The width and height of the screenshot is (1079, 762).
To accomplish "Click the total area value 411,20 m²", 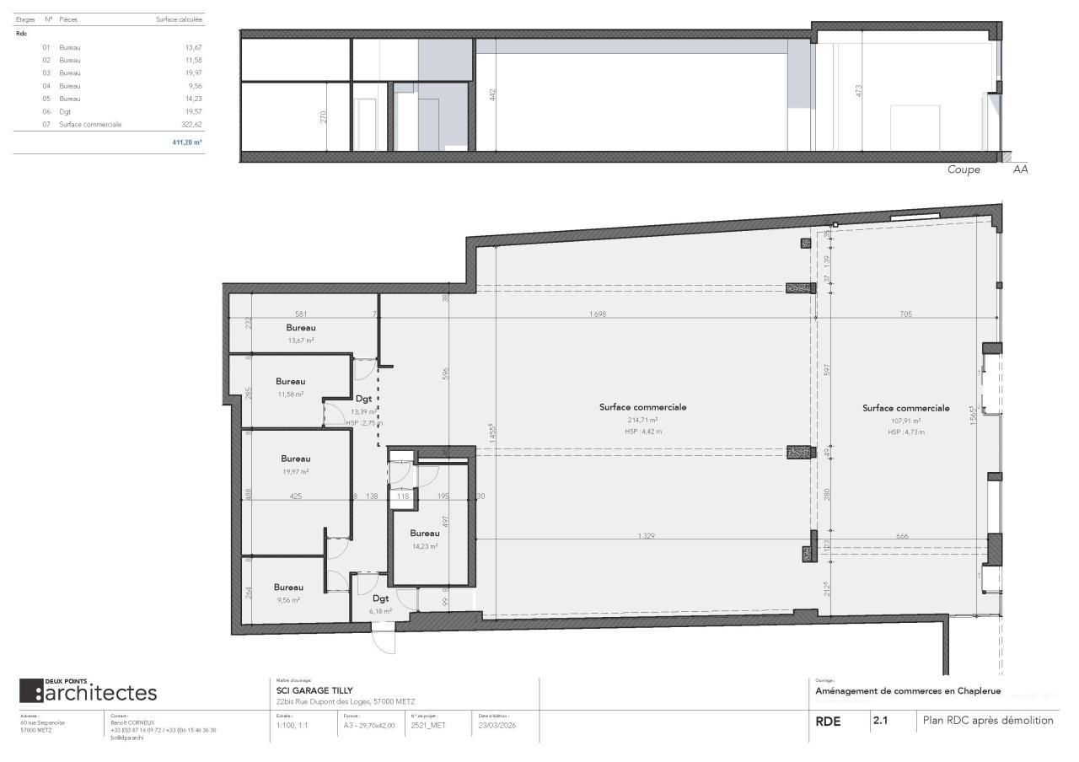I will click(186, 142).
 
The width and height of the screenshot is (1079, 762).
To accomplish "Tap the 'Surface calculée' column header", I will click(179, 19).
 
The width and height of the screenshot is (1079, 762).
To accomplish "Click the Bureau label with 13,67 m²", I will click(300, 327).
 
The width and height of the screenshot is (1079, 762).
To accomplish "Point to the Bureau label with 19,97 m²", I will click(295, 459).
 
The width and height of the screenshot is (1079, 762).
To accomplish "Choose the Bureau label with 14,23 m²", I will click(424, 534).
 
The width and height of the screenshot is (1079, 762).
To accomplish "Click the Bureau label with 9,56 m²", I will click(288, 587).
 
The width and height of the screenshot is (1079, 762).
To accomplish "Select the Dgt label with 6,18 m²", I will click(381, 598).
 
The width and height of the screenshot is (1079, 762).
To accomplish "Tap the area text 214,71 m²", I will click(642, 419).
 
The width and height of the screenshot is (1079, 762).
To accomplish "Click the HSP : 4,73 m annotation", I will click(905, 432).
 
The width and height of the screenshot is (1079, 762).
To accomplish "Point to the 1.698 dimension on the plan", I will click(598, 314).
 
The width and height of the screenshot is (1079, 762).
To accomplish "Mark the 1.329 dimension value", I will click(647, 535).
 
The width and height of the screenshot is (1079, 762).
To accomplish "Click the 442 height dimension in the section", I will click(493, 95).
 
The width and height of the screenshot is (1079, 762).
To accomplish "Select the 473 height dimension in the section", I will click(859, 91).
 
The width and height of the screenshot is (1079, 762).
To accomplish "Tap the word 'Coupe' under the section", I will click(964, 169).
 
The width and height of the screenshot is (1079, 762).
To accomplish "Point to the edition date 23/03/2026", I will click(497, 724).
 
